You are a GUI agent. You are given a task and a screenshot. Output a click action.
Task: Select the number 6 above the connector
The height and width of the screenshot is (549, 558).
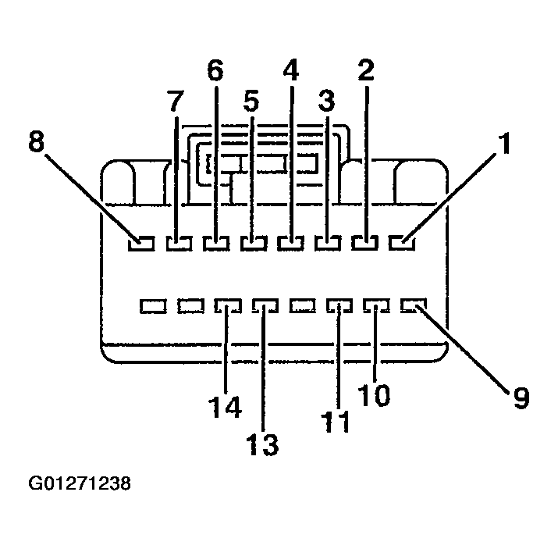(215, 71)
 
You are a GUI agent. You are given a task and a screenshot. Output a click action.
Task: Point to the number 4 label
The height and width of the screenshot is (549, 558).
(290, 71)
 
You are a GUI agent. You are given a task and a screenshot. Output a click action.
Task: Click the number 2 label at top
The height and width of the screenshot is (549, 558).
(366, 71)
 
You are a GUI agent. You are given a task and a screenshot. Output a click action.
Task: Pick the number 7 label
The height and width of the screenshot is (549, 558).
(176, 102)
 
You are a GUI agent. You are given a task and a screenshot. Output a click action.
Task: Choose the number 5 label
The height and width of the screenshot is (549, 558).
(251, 102)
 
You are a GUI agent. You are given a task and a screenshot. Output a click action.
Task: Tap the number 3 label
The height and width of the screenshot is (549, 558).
(327, 102)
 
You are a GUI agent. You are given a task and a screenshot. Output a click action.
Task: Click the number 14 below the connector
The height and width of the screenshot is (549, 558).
(226, 407)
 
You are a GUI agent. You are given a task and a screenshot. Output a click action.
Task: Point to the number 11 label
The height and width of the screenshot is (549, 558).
(337, 421)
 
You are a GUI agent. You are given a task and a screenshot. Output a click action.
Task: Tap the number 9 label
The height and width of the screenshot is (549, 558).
(521, 398)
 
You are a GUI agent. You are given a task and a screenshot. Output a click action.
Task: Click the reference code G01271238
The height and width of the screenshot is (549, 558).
(80, 483)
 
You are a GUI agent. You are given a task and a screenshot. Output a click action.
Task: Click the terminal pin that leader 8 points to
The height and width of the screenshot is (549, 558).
(140, 244)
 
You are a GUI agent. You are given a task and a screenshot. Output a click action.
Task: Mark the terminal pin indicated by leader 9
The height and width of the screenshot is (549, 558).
(412, 305)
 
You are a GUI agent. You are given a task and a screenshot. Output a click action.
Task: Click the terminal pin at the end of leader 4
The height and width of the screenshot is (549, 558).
(290, 244)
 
